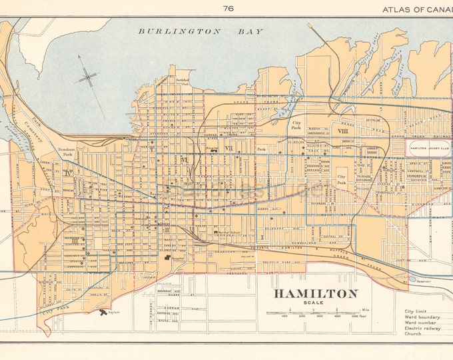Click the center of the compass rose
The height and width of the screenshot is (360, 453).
point(88,78)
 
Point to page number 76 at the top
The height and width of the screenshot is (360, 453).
point(229,8)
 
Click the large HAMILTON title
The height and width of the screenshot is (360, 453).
point(314,293)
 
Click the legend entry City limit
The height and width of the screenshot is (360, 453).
point(416,311)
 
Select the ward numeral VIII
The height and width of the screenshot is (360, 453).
point(343,132)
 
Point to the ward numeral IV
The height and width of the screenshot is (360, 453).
point(69,173)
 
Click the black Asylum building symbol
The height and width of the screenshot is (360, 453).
point(102,311)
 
